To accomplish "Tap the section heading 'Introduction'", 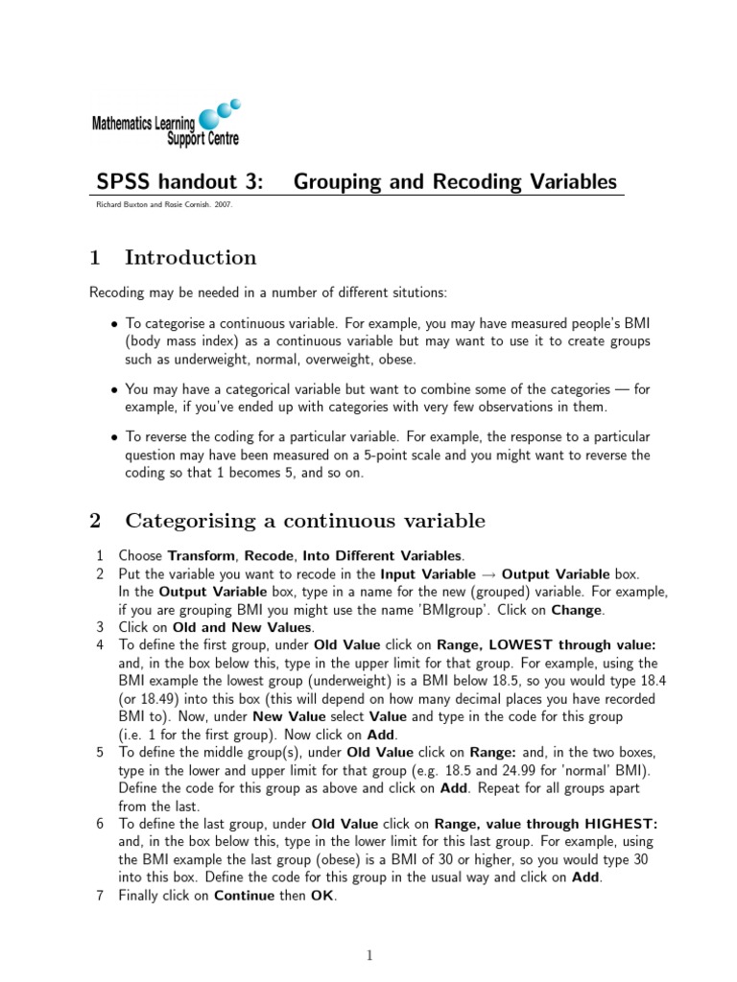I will click(x=191, y=257).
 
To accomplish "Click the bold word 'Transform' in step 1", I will click(x=201, y=555).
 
